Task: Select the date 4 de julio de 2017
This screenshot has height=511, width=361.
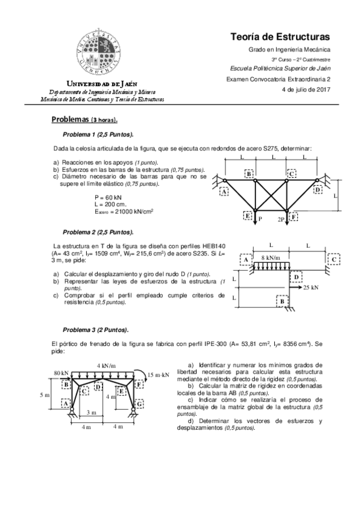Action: [306, 90]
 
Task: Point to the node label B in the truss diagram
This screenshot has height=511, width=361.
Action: [249, 174]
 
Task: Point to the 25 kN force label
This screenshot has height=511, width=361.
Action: [311, 288]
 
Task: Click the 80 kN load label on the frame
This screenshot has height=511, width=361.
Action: [59, 373]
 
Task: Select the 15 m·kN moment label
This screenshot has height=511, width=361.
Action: [158, 374]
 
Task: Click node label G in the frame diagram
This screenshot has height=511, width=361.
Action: [140, 403]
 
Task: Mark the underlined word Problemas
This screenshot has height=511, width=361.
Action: [71, 119]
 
